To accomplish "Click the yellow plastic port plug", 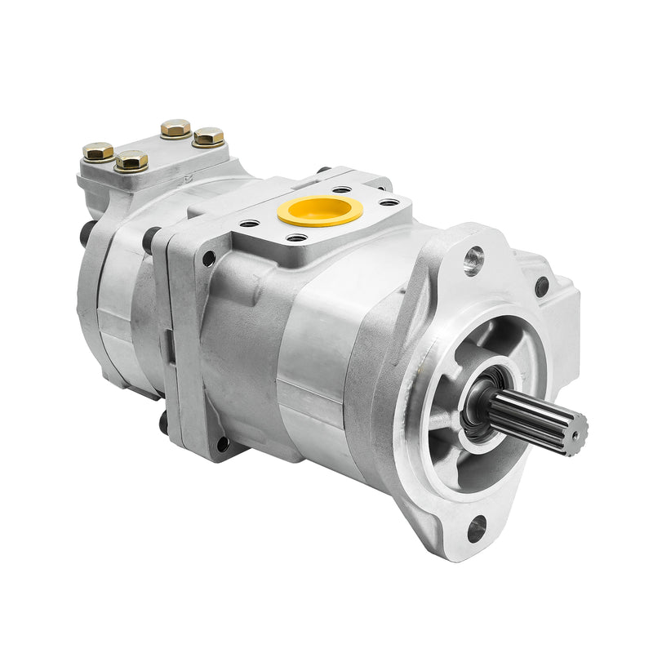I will point(320,210).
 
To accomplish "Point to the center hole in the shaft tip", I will point(580,426).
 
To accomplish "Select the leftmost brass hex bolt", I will point(98,152).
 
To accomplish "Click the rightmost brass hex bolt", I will point(209,136).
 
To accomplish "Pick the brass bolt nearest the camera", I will point(131,160).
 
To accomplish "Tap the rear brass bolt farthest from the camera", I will point(175,128).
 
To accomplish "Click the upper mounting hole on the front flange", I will point(473,261).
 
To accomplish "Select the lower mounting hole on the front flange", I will point(476,528).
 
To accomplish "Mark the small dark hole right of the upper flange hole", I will point(541,286).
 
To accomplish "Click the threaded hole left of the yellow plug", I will point(250,223).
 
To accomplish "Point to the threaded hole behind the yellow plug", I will point(342,189).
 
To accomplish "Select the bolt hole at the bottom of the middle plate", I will point(221,445).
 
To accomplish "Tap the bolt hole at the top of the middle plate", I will point(209,258).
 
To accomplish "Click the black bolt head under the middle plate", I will point(163,424).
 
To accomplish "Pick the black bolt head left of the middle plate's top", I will point(151,238).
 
